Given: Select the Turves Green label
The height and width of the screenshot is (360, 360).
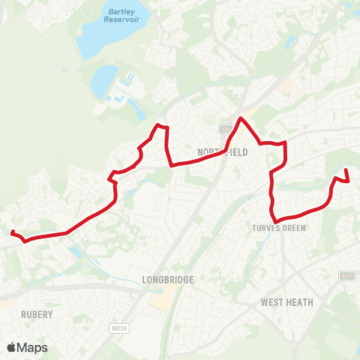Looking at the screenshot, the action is [279, 227].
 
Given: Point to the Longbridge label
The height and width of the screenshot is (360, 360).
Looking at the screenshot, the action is [168, 280].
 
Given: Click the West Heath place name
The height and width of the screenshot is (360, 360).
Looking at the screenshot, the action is [286, 302].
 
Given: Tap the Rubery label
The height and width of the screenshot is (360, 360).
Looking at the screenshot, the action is [37, 314].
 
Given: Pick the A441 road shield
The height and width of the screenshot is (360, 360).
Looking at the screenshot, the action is [346, 276].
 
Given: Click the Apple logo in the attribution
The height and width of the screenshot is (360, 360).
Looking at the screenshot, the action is [12, 347].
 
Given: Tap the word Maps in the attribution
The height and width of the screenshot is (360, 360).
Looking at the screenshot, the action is [32, 347].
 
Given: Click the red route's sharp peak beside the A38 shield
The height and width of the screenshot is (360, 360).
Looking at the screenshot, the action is [240, 118].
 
